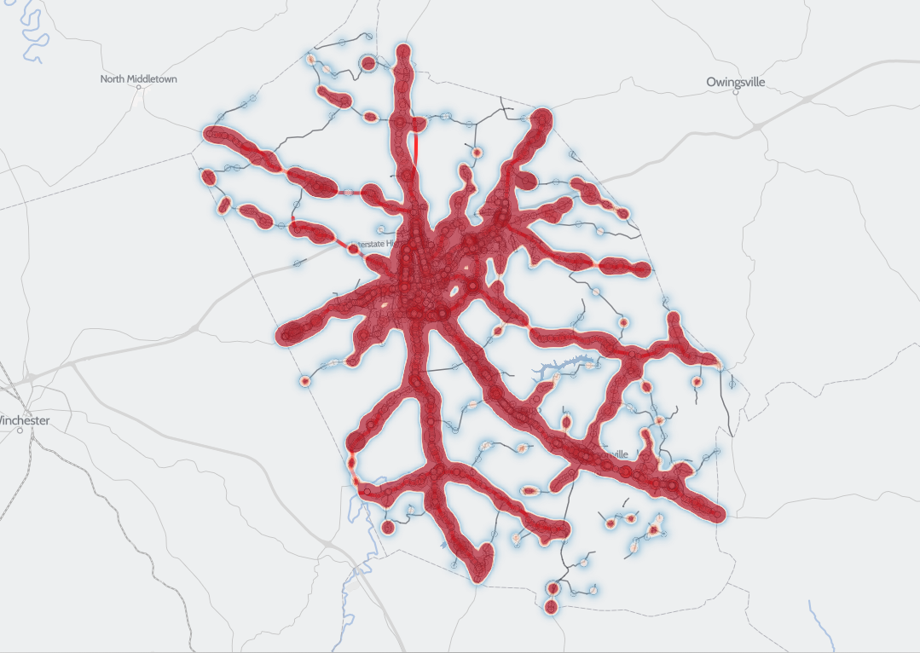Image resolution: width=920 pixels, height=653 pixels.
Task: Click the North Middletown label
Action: (x=139, y=79)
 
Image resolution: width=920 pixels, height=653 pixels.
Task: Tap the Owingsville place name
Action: (x=736, y=82)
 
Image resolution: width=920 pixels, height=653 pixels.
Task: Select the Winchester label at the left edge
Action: (x=24, y=420)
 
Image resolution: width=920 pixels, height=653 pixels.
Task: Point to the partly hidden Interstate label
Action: (x=375, y=243)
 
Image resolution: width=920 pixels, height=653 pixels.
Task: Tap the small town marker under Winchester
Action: (x=20, y=431)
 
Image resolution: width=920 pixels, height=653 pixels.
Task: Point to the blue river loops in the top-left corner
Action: (x=32, y=34)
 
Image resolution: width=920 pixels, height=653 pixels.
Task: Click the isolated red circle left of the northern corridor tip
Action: (x=369, y=63)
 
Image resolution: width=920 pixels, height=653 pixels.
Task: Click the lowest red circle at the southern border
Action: (x=551, y=607)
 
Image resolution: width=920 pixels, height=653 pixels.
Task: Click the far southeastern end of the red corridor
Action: (x=717, y=513)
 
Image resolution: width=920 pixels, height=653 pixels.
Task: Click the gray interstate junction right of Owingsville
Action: (x=757, y=126)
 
